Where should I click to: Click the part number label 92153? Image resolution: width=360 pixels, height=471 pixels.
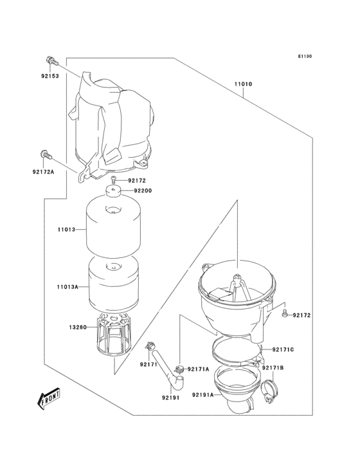(50, 75)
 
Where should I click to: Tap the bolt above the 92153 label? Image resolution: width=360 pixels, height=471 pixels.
(51, 61)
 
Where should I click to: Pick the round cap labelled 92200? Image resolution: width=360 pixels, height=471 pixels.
(116, 192)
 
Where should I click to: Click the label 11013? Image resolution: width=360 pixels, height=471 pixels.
(66, 229)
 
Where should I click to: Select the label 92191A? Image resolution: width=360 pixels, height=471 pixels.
(201, 396)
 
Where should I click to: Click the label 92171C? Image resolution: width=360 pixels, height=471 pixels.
(283, 349)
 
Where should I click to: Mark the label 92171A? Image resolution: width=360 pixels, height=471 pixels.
(199, 369)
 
